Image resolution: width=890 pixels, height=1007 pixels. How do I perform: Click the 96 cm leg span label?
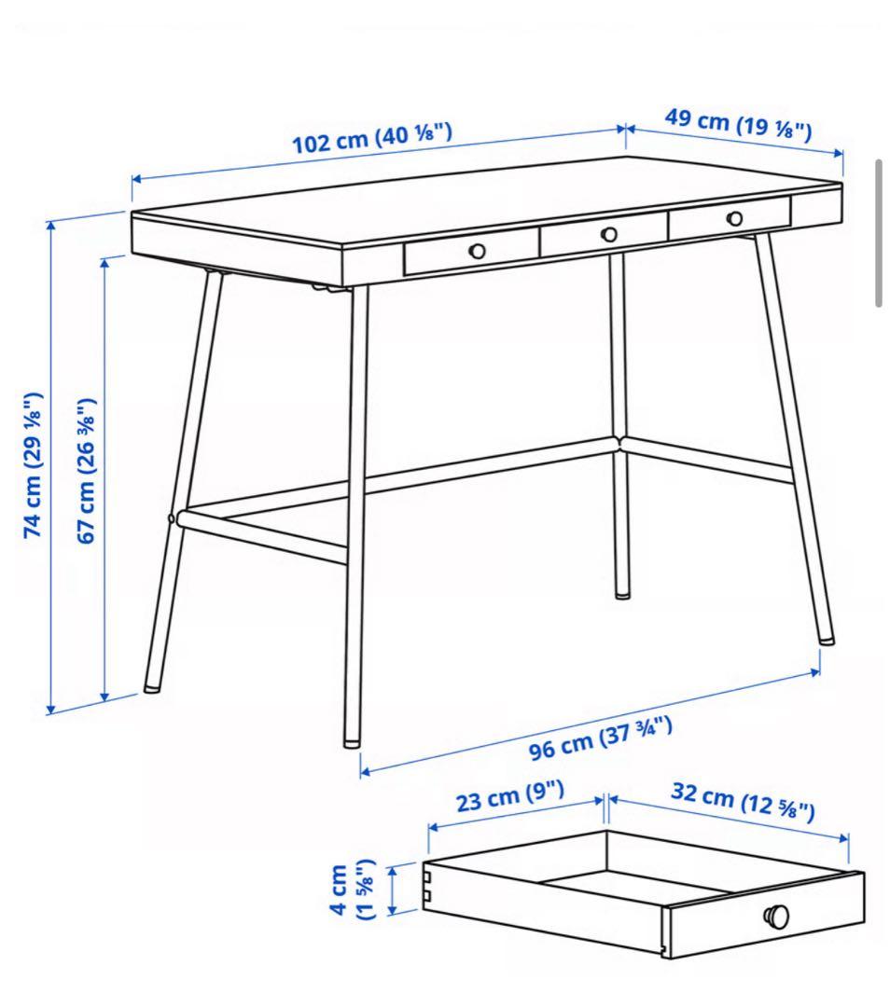[x=601, y=738]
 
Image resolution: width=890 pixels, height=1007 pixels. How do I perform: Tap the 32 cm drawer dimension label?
[x=743, y=802]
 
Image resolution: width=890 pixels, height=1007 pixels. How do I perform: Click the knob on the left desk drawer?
[x=478, y=250]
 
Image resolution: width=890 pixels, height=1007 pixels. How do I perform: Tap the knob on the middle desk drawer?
[x=609, y=235]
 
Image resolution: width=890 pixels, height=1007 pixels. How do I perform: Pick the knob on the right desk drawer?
[x=735, y=218]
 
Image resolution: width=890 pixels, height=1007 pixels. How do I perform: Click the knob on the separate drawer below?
[x=776, y=916]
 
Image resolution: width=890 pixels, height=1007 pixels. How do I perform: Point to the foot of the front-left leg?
[x=152, y=688]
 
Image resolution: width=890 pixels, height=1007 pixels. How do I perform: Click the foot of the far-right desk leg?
[x=827, y=640]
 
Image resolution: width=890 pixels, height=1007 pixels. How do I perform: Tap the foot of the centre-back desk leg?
[x=622, y=593]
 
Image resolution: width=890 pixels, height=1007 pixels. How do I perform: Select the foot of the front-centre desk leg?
[x=352, y=742]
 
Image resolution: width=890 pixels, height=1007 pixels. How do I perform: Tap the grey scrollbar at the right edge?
[x=879, y=233]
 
